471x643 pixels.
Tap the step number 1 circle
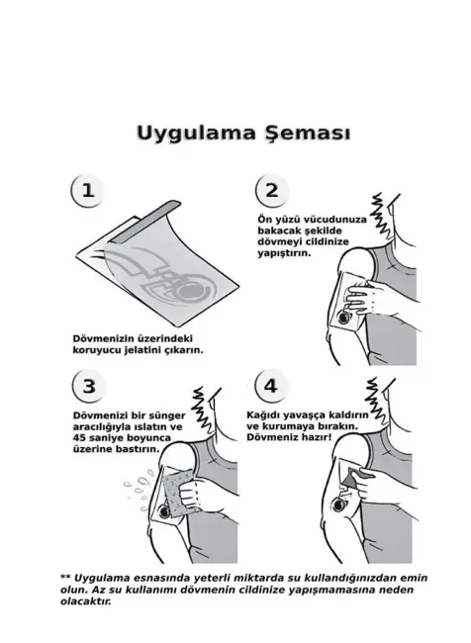88,191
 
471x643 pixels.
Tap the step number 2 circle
271,191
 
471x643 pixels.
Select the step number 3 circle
88,385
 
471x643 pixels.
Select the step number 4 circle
271,385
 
